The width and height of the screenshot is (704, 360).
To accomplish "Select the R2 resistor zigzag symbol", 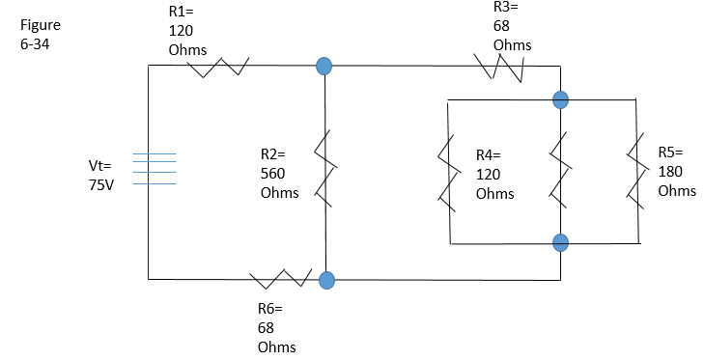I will coord(325,172).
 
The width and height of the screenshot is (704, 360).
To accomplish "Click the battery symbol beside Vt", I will coord(155,169).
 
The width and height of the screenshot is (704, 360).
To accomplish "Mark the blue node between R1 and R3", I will coord(324,67).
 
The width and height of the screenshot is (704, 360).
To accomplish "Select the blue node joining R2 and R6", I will coord(326,280).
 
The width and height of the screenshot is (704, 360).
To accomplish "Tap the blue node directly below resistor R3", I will coord(560,98).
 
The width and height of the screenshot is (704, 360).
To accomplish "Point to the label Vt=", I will coord(99,166).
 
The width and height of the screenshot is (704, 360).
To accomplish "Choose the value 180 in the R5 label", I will coord(670,171).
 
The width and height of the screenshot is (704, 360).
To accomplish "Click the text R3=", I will coord(506,8).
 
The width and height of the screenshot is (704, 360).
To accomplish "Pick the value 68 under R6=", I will coord(267,327).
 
